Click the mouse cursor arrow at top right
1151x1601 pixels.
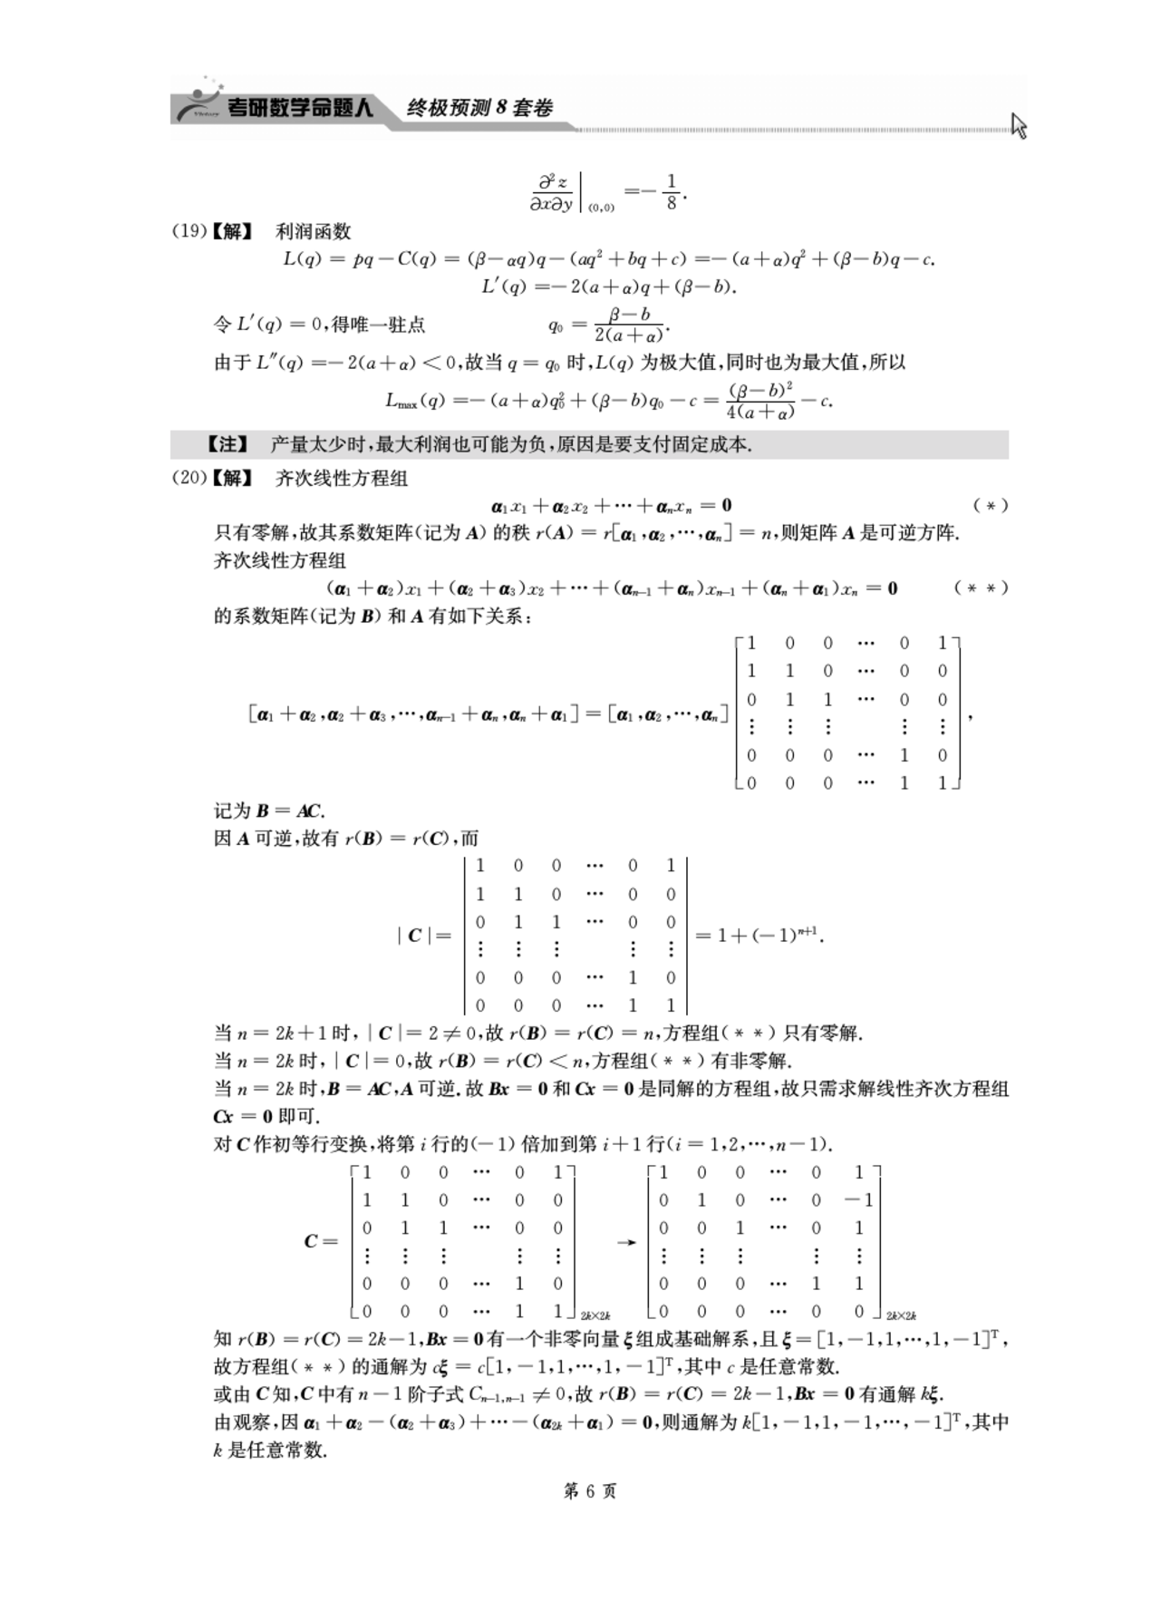tap(1019, 125)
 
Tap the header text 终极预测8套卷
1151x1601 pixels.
tap(479, 108)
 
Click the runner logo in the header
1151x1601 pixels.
tap(198, 103)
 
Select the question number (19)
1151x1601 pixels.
tap(189, 231)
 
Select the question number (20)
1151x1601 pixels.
tap(189, 478)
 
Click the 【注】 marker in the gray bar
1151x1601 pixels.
tap(227, 444)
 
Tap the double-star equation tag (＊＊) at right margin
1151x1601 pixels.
tap(981, 587)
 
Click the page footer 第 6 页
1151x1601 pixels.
tap(590, 1491)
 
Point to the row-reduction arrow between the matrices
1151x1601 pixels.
tap(625, 1242)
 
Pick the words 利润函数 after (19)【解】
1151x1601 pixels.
tap(314, 231)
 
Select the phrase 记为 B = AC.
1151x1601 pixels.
tap(269, 810)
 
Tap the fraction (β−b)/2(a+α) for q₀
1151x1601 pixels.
tap(630, 325)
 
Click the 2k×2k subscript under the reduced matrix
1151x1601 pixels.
tap(901, 1315)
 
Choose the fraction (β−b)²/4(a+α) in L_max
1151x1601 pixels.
tap(760, 401)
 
